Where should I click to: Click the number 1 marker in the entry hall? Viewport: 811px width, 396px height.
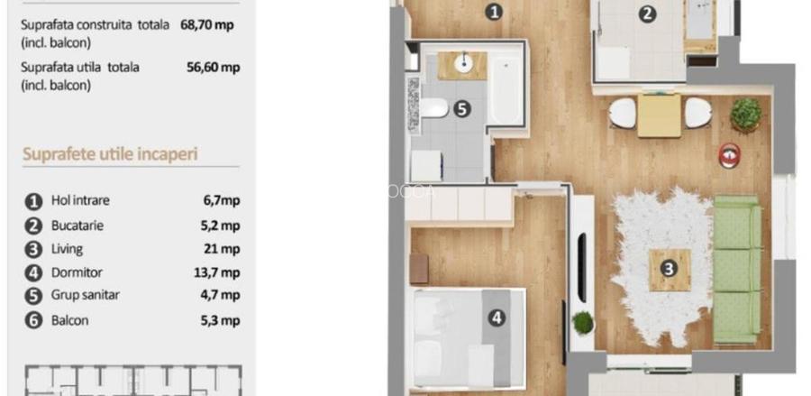[x=493, y=12]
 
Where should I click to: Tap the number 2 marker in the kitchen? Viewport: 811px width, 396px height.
[x=647, y=14]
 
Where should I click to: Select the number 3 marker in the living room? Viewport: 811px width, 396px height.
[x=669, y=268]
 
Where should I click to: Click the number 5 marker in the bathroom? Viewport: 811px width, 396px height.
[x=461, y=109]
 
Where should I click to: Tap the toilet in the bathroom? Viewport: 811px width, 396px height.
[x=433, y=109]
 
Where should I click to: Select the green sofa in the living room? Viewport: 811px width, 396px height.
[x=737, y=269]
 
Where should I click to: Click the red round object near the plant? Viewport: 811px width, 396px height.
[x=729, y=154]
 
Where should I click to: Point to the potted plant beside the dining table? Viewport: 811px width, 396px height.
[x=746, y=114]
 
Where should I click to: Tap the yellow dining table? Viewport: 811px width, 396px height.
[x=660, y=115]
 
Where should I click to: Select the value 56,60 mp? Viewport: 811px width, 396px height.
[x=210, y=67]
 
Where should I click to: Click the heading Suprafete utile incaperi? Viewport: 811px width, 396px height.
[x=110, y=153]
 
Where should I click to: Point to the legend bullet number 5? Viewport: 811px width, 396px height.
[x=34, y=296]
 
